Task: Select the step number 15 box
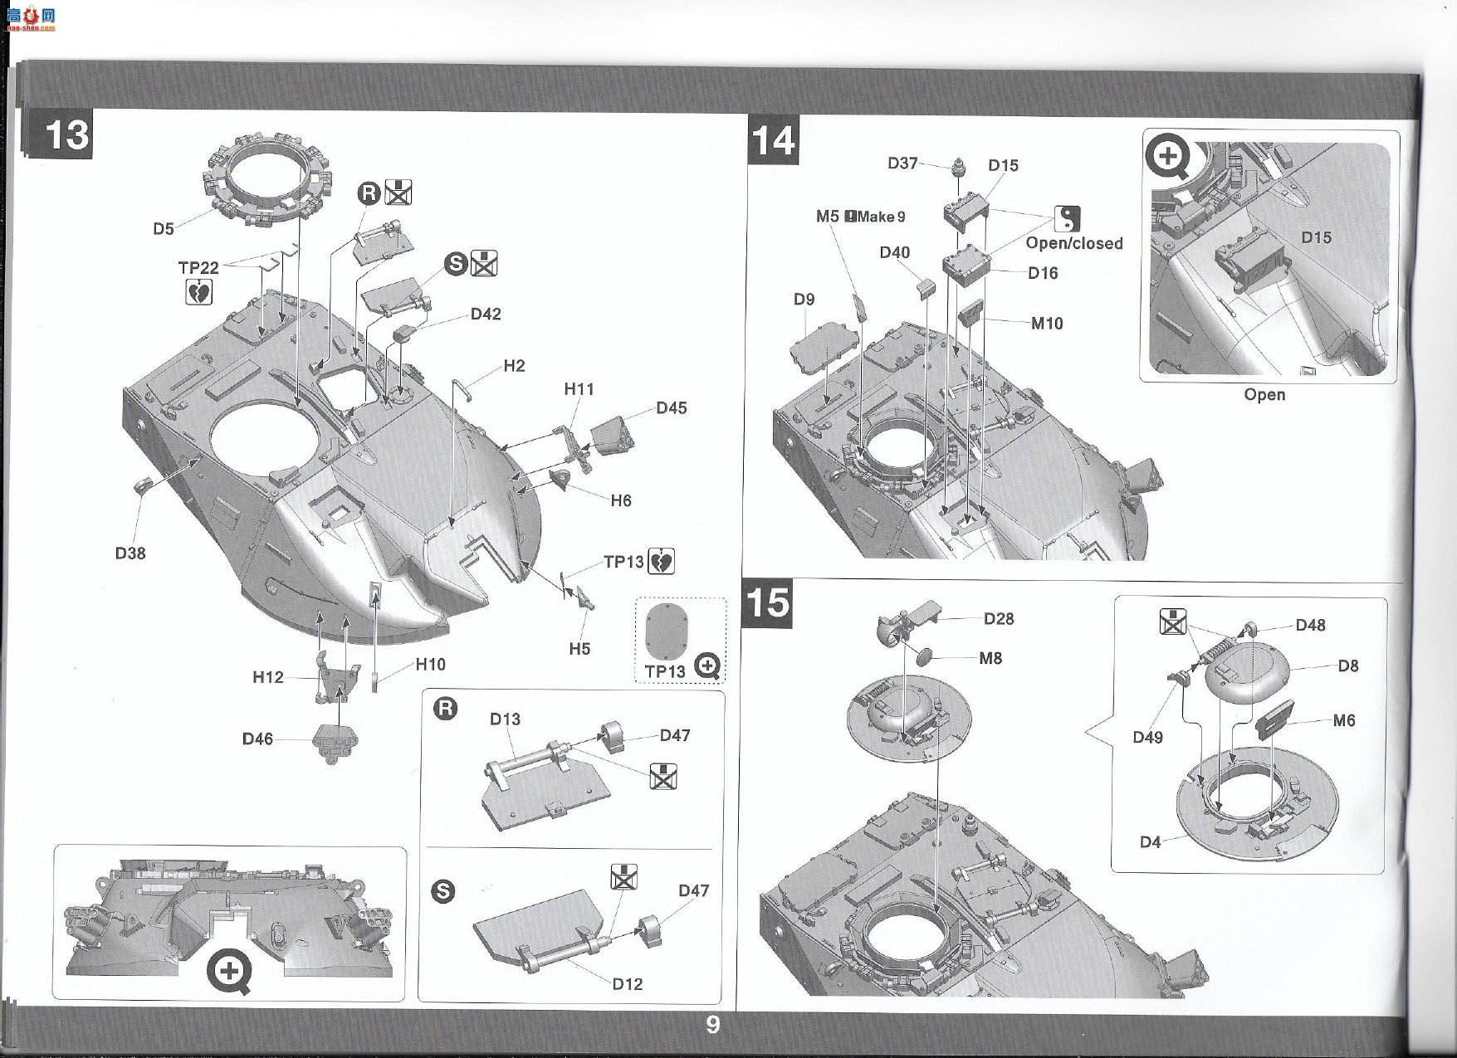click(x=768, y=602)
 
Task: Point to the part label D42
click(x=486, y=314)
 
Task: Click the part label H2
click(x=514, y=366)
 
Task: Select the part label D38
click(x=130, y=553)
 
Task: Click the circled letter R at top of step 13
click(x=369, y=194)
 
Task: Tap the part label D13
click(x=505, y=719)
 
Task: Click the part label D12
click(x=628, y=984)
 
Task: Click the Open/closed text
click(x=1074, y=243)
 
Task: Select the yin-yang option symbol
click(x=1068, y=219)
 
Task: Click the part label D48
click(x=1311, y=625)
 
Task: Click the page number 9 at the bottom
click(x=712, y=1025)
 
